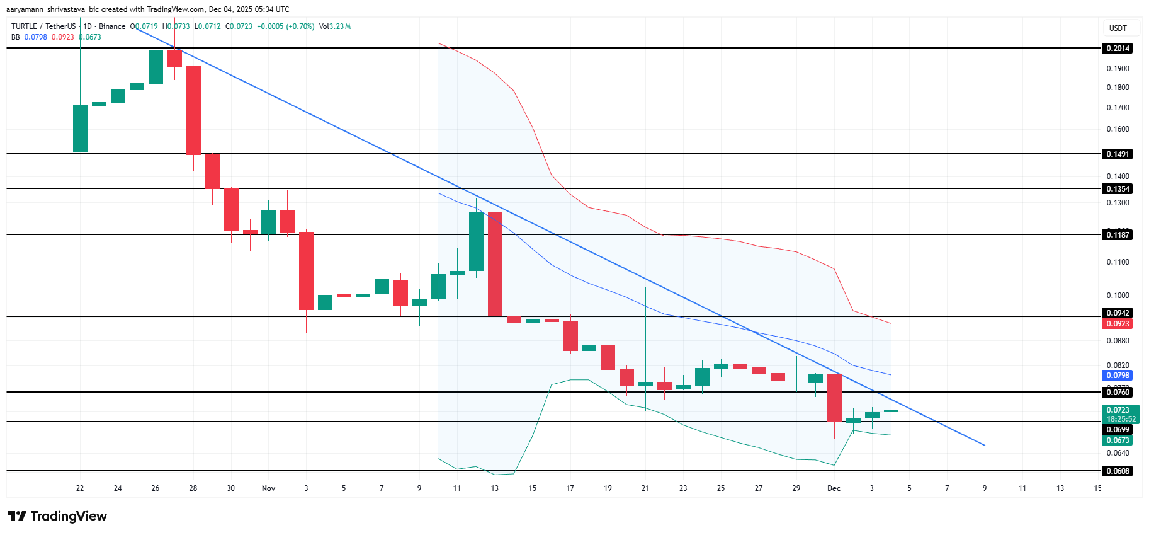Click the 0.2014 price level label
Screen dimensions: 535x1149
coord(1118,49)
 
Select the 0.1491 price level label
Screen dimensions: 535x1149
coord(1118,154)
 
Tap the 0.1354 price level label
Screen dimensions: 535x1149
coord(1118,189)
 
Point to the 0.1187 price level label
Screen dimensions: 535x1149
coord(1118,235)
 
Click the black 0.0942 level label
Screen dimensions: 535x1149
coord(1118,313)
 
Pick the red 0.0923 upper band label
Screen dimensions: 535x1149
coord(1118,324)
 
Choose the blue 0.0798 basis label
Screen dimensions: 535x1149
coord(1118,376)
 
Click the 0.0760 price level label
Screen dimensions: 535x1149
coord(1118,393)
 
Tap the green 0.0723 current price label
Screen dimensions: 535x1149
coord(1118,410)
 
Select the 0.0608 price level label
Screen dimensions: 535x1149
coord(1118,471)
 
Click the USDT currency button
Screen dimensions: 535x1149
coord(1118,28)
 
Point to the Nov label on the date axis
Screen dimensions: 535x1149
coord(268,488)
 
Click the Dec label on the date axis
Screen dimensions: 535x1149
coord(834,488)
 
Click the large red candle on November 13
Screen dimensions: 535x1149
coord(495,264)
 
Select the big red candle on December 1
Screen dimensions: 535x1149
coord(834,398)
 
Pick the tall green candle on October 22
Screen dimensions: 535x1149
coord(80,129)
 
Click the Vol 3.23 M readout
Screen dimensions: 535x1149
coord(335,26)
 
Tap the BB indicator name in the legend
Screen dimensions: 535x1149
coord(16,37)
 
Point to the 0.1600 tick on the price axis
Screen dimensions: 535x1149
coord(1118,129)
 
